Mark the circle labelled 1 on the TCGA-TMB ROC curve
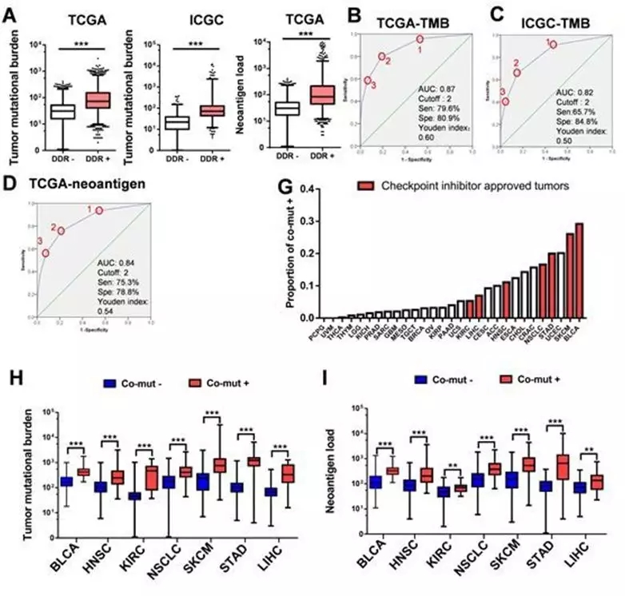pyautogui.click(x=419, y=38)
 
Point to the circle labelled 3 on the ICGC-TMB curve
pyautogui.click(x=505, y=101)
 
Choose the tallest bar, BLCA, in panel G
pyautogui.click(x=579, y=272)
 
